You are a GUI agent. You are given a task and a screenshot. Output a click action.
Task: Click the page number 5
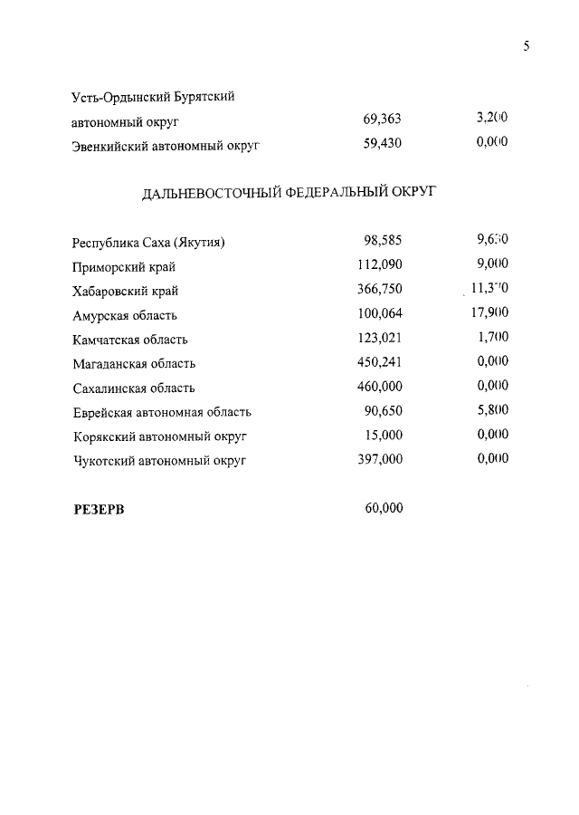pos(526,47)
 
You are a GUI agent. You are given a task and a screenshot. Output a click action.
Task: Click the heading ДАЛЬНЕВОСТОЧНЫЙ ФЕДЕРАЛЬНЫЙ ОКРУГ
pos(289,192)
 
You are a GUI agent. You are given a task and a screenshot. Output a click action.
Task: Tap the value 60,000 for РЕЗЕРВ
pos(384,508)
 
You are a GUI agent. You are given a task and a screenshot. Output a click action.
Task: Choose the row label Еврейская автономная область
pos(161,412)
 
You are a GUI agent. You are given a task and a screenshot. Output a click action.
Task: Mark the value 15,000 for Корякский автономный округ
pos(384,436)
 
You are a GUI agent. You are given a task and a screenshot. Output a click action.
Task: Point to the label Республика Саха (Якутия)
pos(147,243)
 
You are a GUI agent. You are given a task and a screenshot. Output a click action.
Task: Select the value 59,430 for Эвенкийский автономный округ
pos(382,143)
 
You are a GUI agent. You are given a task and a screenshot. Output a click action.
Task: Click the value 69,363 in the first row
pos(382,120)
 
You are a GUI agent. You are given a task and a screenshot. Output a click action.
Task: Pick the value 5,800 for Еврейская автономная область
pos(492,411)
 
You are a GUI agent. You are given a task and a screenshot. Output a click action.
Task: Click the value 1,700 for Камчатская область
pos(492,339)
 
